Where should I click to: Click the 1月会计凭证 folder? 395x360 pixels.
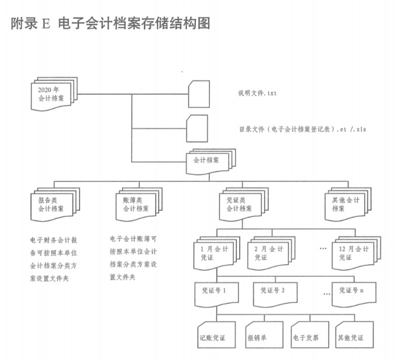tap(214, 253)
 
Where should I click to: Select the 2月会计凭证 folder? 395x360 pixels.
tap(269, 253)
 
